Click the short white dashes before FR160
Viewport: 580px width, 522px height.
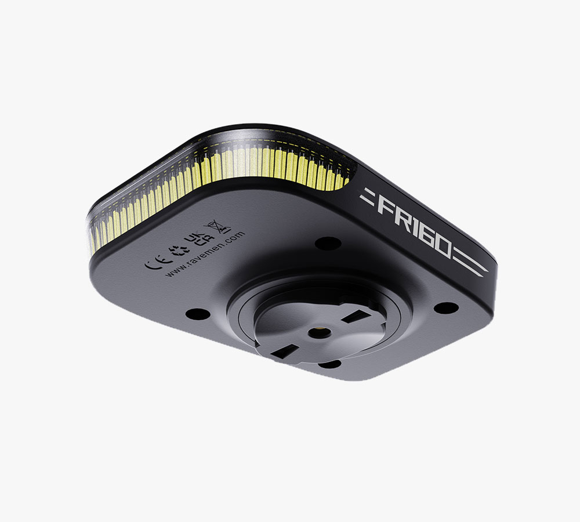pyautogui.click(x=368, y=197)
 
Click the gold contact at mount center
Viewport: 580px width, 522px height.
pyautogui.click(x=318, y=332)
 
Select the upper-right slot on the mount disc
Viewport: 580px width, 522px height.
pyautogui.click(x=353, y=318)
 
